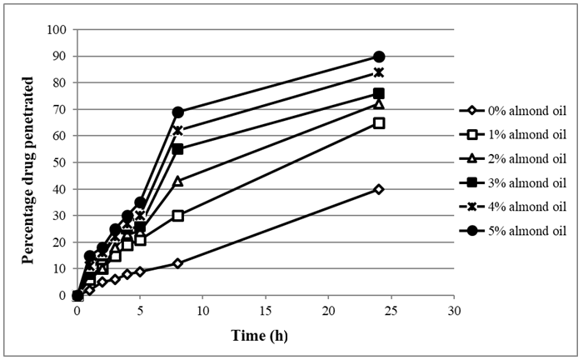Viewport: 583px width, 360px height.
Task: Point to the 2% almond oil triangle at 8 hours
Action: pyautogui.click(x=177, y=181)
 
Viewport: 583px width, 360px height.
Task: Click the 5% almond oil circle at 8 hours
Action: pyautogui.click(x=177, y=112)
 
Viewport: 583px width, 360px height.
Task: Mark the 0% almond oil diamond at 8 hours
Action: pyautogui.click(x=177, y=263)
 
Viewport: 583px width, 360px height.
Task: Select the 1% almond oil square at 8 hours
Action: pyautogui.click(x=177, y=215)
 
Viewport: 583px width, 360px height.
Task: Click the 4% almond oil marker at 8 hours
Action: pyautogui.click(x=177, y=131)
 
